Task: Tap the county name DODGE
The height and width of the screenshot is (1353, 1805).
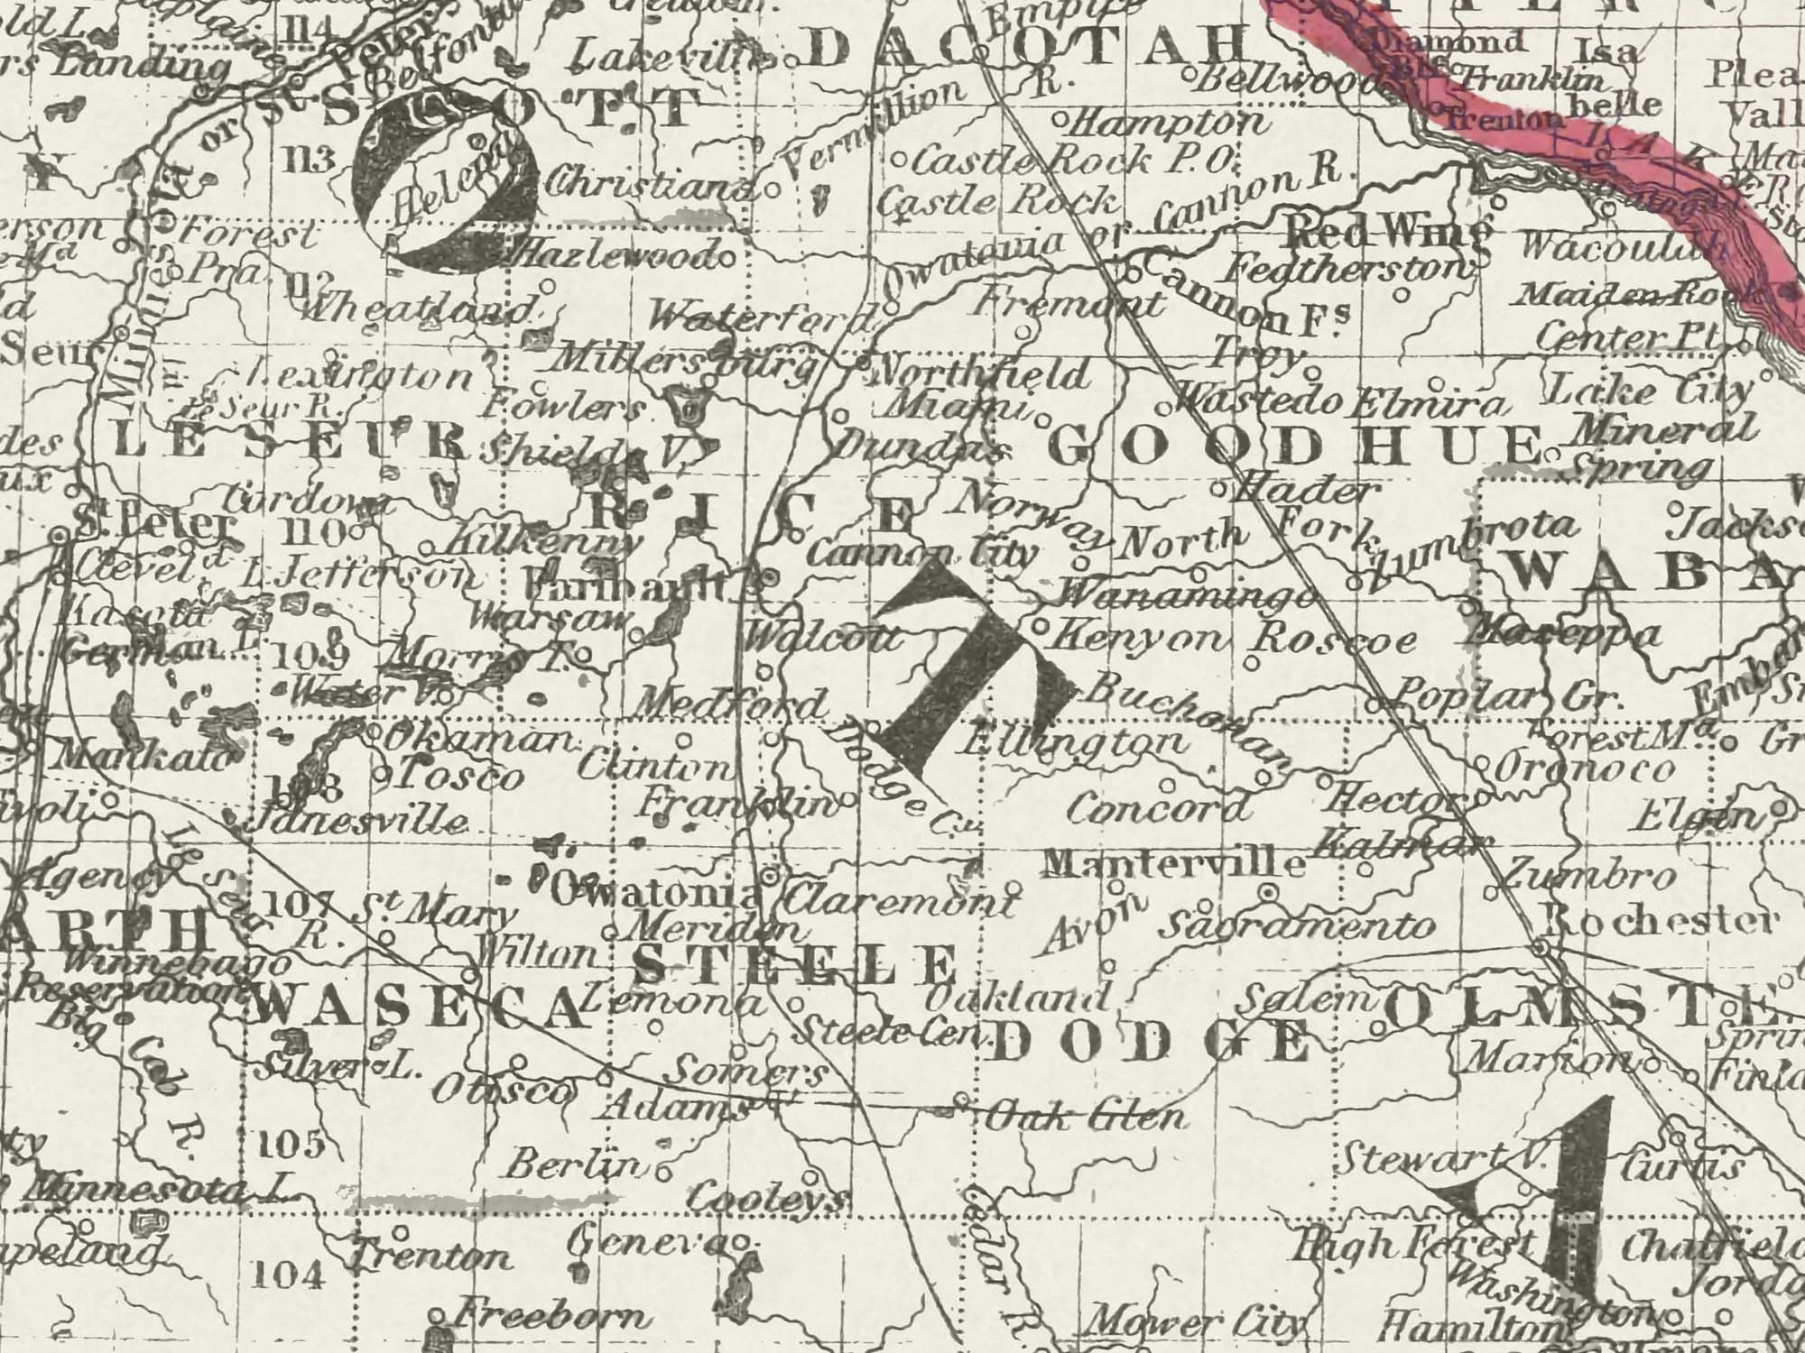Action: tap(1150, 1044)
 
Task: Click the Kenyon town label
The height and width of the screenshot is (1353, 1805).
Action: tap(1142, 639)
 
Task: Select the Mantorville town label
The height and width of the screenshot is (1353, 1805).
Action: tap(1173, 864)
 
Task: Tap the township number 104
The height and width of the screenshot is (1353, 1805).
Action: tap(287, 1275)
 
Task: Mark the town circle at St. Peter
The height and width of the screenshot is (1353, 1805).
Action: tap(60, 536)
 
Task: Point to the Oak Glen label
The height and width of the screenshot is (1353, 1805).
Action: tap(1083, 1118)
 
